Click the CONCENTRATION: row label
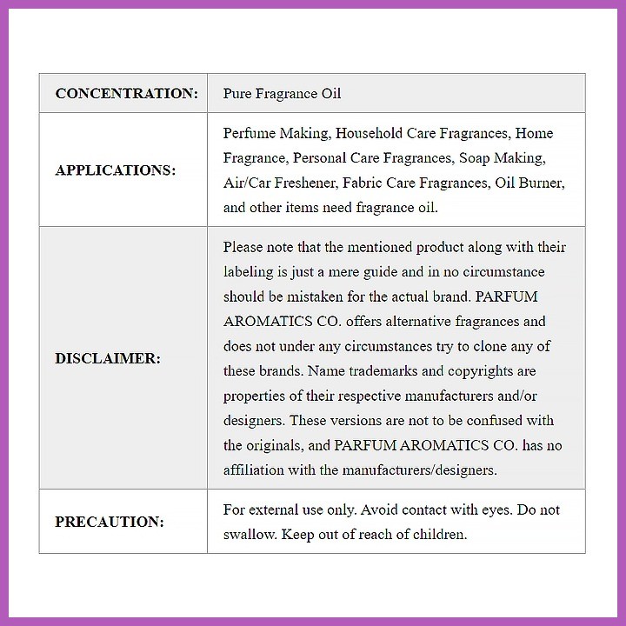[127, 93]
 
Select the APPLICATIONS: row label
[115, 170]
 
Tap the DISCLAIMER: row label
[108, 358]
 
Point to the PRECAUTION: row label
[110, 522]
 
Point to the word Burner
[542, 183]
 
